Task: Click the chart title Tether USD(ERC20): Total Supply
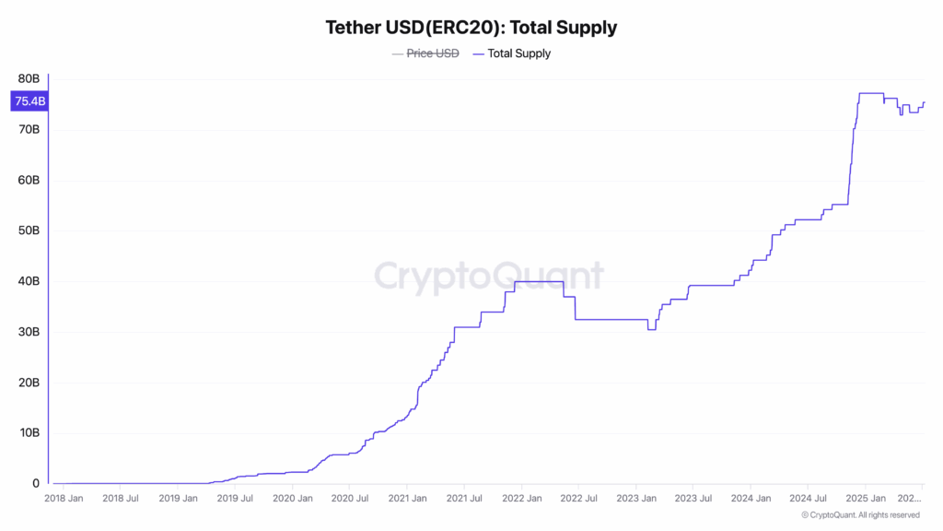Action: pos(471,28)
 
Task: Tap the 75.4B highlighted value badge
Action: pos(29,101)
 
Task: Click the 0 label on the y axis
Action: pos(37,484)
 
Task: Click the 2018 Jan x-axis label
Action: pos(65,499)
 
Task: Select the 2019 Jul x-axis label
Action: pos(235,499)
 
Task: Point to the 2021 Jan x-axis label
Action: pos(406,499)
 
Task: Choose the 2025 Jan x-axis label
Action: pos(865,499)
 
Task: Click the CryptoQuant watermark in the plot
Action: pos(489,276)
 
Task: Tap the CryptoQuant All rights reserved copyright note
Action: pos(860,515)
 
